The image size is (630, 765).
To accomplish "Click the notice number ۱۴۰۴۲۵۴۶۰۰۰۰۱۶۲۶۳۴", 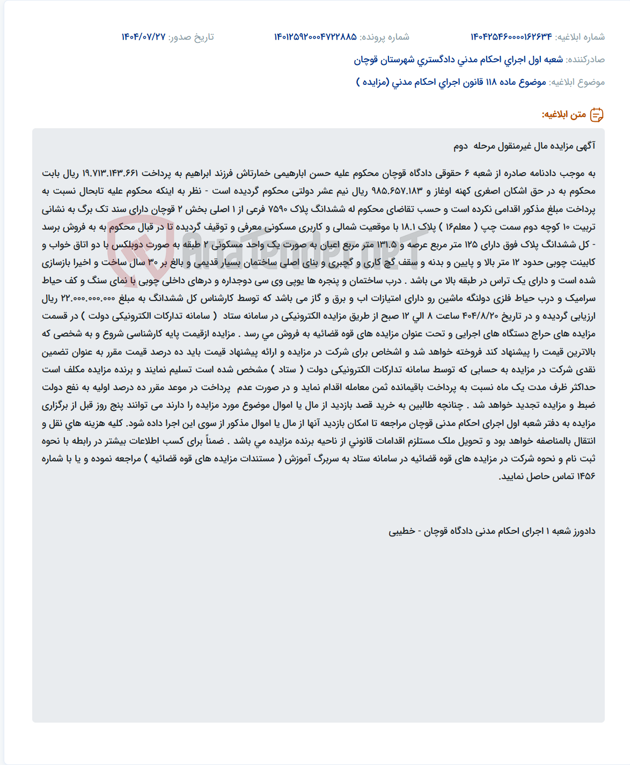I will (x=511, y=37).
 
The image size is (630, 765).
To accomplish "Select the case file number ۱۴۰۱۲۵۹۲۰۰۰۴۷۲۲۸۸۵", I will (x=316, y=37).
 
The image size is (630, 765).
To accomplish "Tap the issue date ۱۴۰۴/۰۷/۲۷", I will (x=143, y=37).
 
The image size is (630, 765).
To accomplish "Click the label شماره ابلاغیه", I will (x=580, y=37).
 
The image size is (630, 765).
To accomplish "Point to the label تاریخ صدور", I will (x=191, y=37).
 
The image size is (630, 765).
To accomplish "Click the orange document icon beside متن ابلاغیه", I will (x=597, y=114).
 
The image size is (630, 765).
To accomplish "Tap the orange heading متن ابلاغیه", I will (x=563, y=114).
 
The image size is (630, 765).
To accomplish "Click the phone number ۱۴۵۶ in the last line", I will (x=587, y=476).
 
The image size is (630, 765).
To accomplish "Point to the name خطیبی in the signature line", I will (x=402, y=531).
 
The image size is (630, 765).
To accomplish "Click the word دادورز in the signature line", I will (x=584, y=531).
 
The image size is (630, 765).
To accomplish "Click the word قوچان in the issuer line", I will (x=366, y=60).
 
